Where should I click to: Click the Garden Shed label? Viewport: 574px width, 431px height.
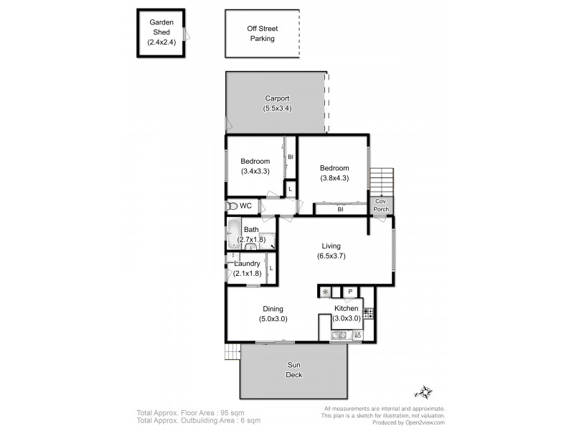[x=161, y=27]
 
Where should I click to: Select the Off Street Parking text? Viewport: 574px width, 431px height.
[x=262, y=34]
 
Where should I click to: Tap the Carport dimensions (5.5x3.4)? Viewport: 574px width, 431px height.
[x=277, y=108]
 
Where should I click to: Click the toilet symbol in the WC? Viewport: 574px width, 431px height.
[x=232, y=206]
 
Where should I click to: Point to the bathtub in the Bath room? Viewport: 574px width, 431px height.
[x=234, y=234]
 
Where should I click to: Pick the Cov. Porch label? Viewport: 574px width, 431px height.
[x=381, y=205]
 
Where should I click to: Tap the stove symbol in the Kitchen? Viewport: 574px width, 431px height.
[x=368, y=313]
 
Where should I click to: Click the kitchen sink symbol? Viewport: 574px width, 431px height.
[x=339, y=335]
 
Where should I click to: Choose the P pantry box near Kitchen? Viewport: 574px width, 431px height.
[x=350, y=292]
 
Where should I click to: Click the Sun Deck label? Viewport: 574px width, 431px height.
[x=294, y=370]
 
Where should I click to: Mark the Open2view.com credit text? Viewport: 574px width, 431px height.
[x=420, y=422]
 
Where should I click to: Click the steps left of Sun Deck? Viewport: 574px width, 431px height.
[x=232, y=352]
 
